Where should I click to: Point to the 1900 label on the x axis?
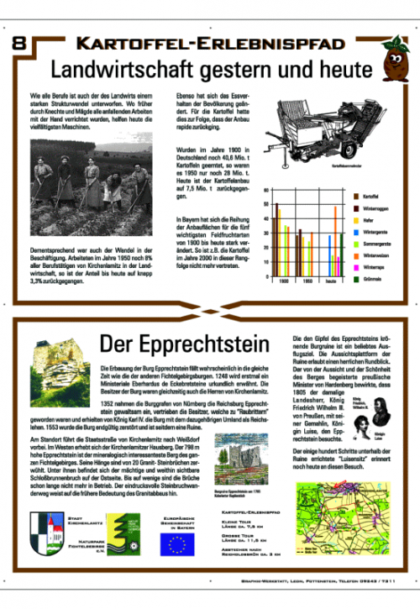point(284,281)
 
